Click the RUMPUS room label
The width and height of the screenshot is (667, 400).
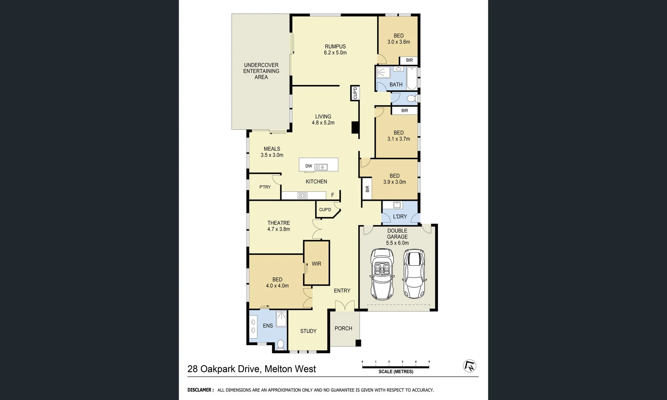click(335, 47)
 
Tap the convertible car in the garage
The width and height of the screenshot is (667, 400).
click(382, 274)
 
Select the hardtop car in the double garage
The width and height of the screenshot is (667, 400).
click(414, 273)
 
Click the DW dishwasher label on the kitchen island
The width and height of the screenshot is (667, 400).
click(309, 166)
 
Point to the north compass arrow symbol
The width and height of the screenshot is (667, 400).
click(470, 366)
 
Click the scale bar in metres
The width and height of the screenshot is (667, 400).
click(395, 367)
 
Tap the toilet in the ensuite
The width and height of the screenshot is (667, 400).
click(281, 345)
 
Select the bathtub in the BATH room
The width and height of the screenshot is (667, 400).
click(412, 78)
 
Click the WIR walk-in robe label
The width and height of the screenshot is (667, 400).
click(316, 264)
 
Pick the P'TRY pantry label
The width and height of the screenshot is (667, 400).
click(265, 187)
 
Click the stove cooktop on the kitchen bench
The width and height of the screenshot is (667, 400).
click(302, 196)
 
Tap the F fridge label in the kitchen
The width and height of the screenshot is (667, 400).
click(332, 195)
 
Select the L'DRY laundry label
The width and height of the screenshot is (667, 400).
click(400, 216)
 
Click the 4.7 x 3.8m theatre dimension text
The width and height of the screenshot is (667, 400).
click(279, 229)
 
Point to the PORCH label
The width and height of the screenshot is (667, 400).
click(343, 328)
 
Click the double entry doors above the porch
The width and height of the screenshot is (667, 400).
click(345, 306)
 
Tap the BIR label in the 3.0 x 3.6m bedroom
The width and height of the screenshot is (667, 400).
click(409, 60)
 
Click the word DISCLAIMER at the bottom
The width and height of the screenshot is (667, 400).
click(200, 390)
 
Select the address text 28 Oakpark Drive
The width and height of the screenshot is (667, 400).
click(224, 369)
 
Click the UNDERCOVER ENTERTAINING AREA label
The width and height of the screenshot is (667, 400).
click(261, 71)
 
